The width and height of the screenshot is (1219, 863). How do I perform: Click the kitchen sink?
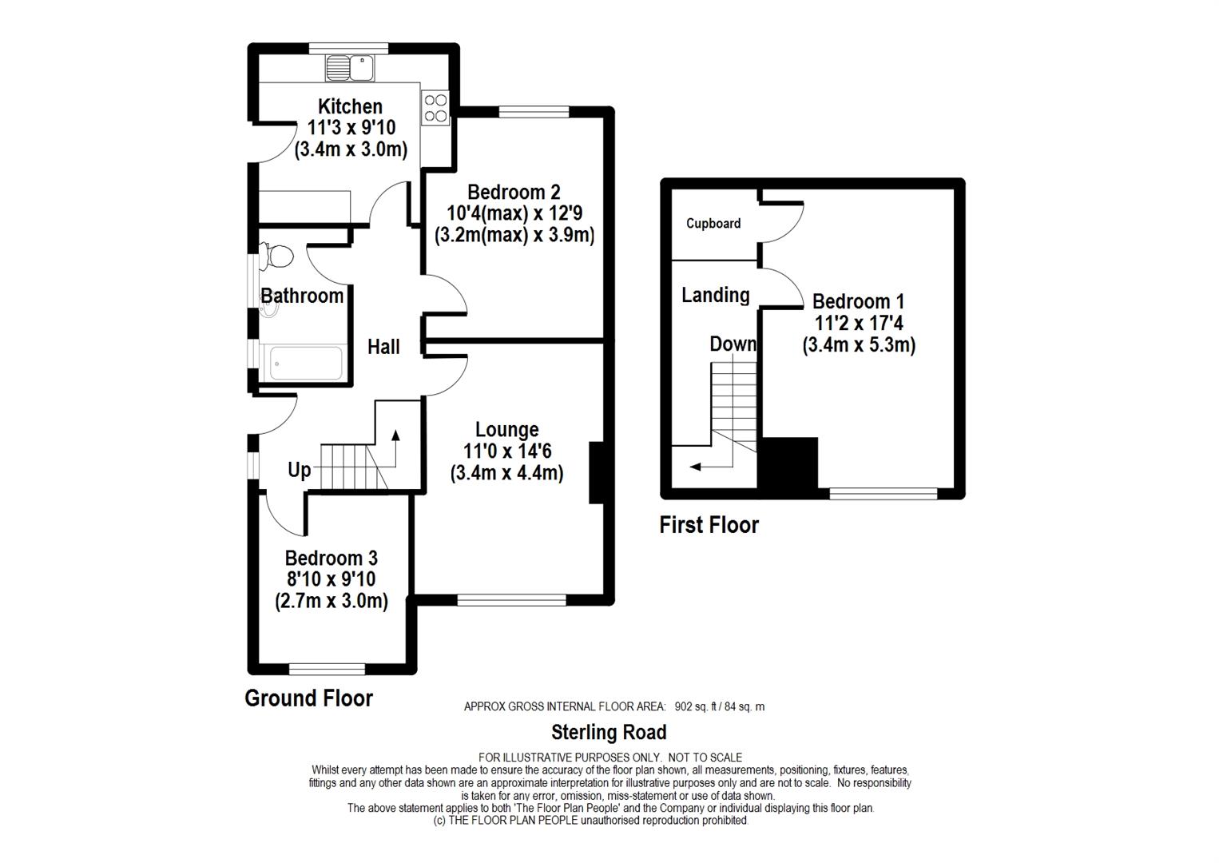(350, 68)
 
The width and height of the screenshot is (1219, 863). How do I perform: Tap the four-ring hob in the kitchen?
(435, 108)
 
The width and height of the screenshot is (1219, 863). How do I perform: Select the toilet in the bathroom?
(276, 257)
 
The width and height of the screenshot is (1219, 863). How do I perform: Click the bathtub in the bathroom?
(307, 363)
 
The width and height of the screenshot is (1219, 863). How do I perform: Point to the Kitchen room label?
(350, 106)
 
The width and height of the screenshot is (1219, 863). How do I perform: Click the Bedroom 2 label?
(514, 193)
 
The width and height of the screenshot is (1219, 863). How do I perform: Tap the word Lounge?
(506, 430)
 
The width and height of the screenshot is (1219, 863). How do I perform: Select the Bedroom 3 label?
(331, 558)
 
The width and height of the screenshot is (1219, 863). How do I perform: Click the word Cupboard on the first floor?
(713, 223)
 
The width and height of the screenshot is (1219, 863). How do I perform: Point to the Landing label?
(716, 295)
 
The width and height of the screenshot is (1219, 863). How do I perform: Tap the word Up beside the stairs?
(300, 470)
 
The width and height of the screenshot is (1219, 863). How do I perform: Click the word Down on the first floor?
(733, 344)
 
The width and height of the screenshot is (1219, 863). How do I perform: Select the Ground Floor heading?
(308, 698)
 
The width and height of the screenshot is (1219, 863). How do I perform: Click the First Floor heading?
(709, 525)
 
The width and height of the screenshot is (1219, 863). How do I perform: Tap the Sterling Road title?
(609, 732)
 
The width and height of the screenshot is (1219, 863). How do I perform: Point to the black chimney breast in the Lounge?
(597, 472)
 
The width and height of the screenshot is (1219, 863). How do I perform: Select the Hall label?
(383, 347)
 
